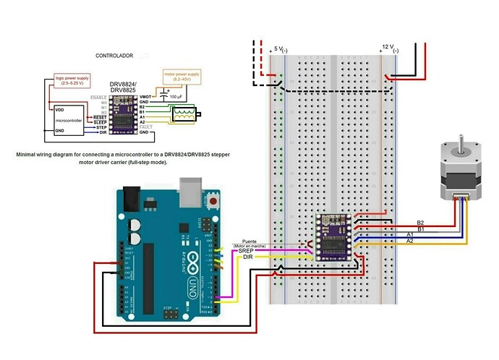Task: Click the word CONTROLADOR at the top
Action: coord(116,55)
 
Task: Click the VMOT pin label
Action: coord(145,96)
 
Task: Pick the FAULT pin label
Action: coord(145,127)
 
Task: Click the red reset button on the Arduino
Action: coord(213,200)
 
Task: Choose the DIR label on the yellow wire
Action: coord(248,257)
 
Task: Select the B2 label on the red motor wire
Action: coord(421,223)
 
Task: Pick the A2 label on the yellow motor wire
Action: coord(409,241)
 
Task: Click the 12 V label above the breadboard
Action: coord(385,50)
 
